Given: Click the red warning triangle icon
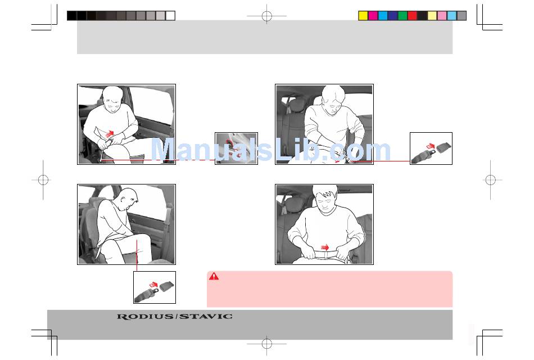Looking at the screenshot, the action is coord(214,276).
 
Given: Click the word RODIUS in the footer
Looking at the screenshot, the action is coord(145,317).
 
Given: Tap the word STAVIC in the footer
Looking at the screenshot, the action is coord(206,316).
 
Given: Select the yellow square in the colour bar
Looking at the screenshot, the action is coord(363,16).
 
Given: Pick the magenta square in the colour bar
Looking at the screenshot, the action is coord(373,16).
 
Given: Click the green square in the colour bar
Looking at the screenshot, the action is coord(402,16).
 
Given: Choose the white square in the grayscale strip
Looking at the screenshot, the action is coord(170,16).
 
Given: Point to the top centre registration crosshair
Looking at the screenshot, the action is coord(266,16).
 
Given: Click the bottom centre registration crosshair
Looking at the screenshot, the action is coord(266,344).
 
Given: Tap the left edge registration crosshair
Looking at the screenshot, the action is coord(43,179).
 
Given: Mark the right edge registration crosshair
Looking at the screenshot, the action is coord(490,179).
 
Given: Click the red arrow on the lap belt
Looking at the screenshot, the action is coord(325,247).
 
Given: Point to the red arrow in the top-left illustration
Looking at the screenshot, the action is coord(110,134).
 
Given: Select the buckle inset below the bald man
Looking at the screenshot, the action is coord(155,287).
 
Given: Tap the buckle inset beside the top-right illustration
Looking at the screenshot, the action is coord(431,148).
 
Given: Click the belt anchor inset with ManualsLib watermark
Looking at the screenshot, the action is coord(236,148).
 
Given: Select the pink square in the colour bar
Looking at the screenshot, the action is coord(442,16).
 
